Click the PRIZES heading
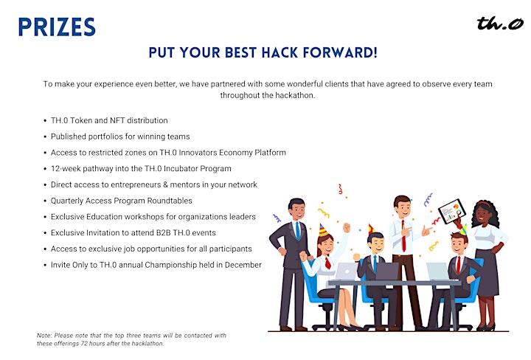pos(57,27)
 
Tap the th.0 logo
pos(500,24)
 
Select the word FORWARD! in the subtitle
pos(340,52)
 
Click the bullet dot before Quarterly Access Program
pos(45,201)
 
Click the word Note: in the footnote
pos(44,336)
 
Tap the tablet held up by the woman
pos(452,211)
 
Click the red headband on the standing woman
pos(483,203)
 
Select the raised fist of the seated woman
pos(346,227)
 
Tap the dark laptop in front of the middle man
pos(386,271)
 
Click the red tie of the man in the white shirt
pos(403,235)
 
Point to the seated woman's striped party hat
pos(323,230)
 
